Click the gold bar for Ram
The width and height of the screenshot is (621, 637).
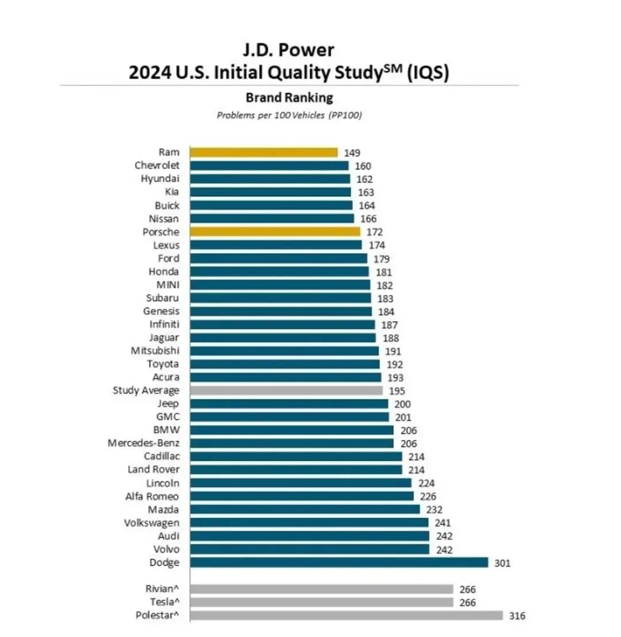point(263,152)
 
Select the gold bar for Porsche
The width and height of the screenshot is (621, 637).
point(275,232)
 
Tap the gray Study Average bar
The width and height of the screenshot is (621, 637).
point(286,391)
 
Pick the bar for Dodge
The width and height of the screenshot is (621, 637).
point(339,563)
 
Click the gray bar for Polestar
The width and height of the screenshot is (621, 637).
point(346,616)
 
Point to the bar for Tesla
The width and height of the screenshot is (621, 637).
point(321,602)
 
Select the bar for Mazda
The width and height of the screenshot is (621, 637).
point(305,510)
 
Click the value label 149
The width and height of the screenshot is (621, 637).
point(352,152)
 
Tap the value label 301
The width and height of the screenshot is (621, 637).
point(502,563)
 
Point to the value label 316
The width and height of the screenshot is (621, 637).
point(517,616)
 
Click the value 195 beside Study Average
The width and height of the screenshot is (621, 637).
point(397,391)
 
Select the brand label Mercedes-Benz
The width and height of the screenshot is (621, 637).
point(144,444)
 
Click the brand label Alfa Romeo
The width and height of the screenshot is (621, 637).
point(152,497)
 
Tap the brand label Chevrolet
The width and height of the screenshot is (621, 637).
point(157,166)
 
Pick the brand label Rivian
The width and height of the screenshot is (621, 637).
point(162,589)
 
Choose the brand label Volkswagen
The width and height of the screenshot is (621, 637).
point(151,523)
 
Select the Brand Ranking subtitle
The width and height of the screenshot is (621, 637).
point(289,98)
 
